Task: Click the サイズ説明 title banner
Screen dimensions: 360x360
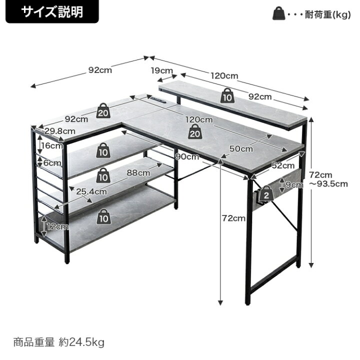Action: coord(52,11)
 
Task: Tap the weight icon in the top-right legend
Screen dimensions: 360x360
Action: coord(278,13)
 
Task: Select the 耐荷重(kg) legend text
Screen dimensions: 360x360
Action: coord(327,14)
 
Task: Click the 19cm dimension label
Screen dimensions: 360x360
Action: coord(161,70)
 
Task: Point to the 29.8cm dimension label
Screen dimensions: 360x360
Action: coord(60,131)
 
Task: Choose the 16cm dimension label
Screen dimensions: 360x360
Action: coord(52,145)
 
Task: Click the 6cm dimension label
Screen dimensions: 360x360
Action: coord(52,163)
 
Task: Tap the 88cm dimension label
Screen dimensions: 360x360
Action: coord(138,172)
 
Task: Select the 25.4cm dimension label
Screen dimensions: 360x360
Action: coord(91,191)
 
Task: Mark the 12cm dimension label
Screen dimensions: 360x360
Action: coord(57,227)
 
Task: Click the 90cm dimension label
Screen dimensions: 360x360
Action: coord(187,156)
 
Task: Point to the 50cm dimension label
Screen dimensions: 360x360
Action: coord(241,148)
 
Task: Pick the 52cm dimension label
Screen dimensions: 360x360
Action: coord(283,165)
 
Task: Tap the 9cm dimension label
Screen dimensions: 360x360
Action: coord(294,184)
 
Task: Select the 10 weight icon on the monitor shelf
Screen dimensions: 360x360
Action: coord(227,95)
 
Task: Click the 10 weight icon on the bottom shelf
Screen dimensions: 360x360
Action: coord(103,216)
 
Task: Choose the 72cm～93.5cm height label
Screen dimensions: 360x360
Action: coord(328,179)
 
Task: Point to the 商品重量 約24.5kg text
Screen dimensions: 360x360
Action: coord(59,342)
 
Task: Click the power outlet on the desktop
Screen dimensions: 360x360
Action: coord(158,99)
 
